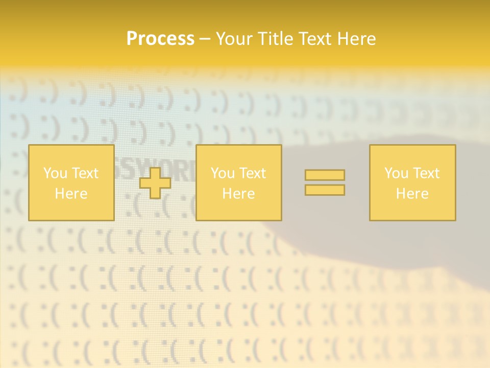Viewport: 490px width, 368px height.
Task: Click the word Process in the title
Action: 160,39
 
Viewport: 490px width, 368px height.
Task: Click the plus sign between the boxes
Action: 155,183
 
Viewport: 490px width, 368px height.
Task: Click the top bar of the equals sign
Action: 325,175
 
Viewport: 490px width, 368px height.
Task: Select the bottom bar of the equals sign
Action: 325,190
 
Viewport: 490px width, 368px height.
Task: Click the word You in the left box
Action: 55,173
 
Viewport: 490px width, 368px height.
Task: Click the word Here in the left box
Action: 71,194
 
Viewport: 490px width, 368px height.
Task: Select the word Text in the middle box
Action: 253,173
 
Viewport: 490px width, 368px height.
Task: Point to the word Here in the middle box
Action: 238,194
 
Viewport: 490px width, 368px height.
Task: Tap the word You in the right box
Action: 396,173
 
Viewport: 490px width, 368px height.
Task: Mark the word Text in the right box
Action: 426,173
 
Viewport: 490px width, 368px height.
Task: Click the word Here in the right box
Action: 412,194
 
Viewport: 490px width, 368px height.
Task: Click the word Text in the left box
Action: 85,173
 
